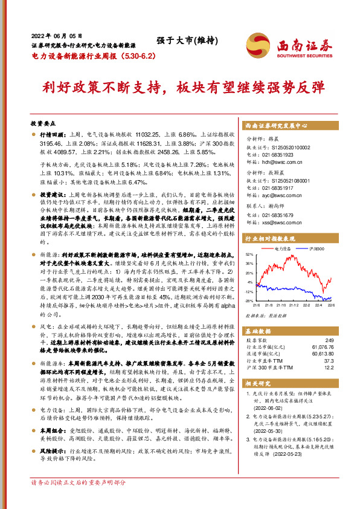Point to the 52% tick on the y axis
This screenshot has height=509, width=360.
click(249, 254)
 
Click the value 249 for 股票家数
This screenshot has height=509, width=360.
click(329, 340)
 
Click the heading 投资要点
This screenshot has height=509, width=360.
click(43, 122)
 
